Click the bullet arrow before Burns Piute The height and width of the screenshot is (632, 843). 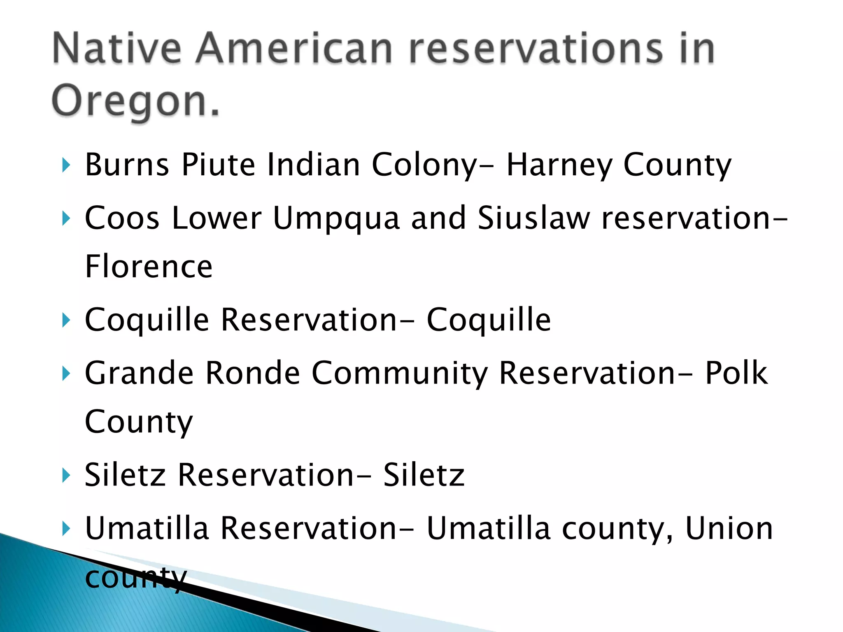click(x=66, y=165)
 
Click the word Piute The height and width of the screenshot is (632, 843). click(x=219, y=165)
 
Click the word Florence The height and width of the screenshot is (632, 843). click(x=149, y=267)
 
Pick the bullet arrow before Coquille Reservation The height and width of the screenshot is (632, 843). click(x=66, y=320)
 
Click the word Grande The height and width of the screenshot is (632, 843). click(x=139, y=373)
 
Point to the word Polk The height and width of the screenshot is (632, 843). click(x=736, y=373)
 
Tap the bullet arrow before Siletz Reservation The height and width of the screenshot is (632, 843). click(x=66, y=475)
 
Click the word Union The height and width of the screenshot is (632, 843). click(x=729, y=528)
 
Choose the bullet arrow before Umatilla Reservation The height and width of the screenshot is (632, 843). click(x=66, y=528)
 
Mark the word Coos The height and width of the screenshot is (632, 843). click(x=122, y=218)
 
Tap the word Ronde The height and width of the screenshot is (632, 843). click(x=252, y=373)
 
